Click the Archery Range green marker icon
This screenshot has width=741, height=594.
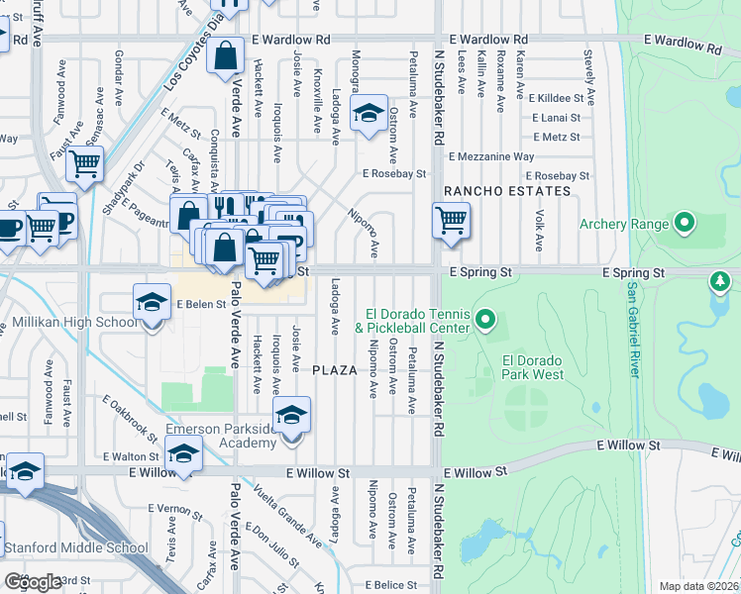[684, 224]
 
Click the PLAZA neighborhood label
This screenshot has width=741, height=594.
[334, 370]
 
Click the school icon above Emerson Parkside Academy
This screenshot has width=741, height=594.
[291, 414]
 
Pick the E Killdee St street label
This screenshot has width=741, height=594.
[560, 99]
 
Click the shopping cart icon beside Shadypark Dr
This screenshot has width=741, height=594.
[85, 163]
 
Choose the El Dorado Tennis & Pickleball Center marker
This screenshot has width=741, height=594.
[484, 319]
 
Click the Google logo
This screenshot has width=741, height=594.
[33, 582]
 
